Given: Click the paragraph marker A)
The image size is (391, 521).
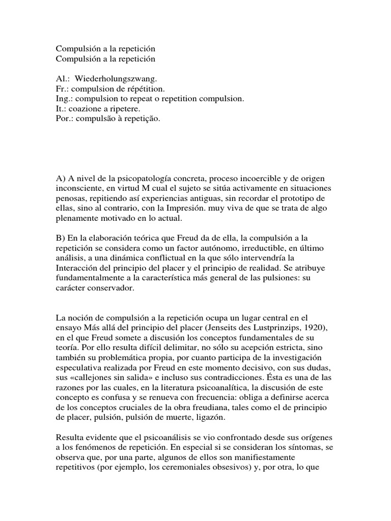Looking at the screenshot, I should pos(61,179).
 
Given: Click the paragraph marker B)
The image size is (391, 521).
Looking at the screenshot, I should pos(61,238).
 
